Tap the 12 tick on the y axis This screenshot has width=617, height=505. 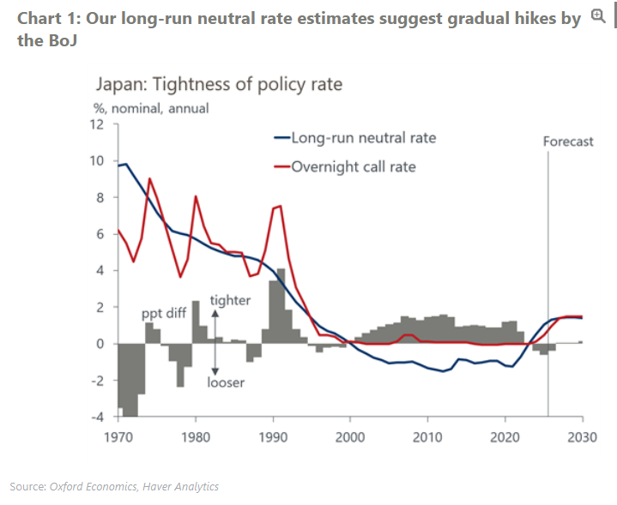99,124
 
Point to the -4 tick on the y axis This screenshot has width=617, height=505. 99,417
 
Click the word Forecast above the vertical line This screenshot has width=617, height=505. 568,141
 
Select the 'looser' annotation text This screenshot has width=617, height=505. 226,382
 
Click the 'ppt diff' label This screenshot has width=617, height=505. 164,314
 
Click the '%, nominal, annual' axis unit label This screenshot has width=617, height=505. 151,108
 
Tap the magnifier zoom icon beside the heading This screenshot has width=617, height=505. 598,16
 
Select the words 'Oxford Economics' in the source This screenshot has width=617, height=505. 86,487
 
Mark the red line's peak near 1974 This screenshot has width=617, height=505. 149,178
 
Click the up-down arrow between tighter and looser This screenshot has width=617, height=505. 215,339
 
